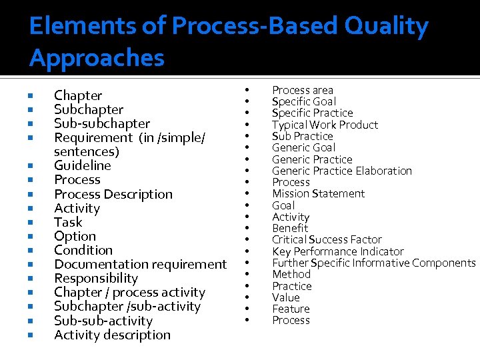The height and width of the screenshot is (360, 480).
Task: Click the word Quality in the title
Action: coord(387,27)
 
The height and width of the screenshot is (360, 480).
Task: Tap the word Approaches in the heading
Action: coord(97,59)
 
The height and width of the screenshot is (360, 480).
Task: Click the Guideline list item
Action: coord(83,166)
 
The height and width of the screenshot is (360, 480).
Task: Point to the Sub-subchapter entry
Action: coord(102,124)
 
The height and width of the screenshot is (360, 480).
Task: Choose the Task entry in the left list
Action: coord(68,223)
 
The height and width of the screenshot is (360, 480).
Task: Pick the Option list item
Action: coord(75,237)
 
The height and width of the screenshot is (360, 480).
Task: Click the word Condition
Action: coord(83,251)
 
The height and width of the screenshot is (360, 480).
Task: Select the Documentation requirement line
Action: coord(140,265)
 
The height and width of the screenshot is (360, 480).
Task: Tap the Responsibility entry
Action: coord(96,279)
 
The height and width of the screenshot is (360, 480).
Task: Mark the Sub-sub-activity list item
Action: coord(103,321)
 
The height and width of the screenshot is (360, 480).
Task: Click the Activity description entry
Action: coord(112,335)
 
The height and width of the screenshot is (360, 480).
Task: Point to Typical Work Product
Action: coord(325,125)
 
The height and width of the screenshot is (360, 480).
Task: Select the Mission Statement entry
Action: coord(318,194)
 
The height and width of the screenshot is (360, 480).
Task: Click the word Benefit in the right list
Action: coord(290,229)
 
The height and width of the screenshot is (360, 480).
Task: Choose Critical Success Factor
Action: coord(327,240)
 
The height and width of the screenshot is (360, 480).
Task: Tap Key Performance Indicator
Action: coord(337,252)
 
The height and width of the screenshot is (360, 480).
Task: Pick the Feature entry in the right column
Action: coord(291,309)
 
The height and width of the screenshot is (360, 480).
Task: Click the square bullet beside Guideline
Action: coord(31,166)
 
